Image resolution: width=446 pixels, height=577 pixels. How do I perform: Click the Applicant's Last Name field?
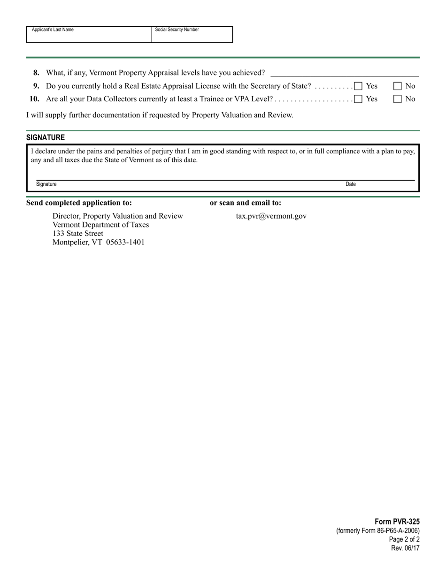89,37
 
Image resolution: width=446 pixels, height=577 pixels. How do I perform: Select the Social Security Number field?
192,37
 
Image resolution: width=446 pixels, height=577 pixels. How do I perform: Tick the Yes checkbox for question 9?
358,86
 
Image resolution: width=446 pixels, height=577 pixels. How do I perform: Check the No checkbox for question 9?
398,86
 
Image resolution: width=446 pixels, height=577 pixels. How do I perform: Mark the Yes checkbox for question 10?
358,99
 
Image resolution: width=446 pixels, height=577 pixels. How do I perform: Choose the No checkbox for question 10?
398,99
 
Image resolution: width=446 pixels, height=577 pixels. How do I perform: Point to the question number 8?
37,73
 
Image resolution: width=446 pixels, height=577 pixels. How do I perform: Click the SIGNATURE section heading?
46,137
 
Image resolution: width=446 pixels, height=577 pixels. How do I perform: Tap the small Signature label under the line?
46,184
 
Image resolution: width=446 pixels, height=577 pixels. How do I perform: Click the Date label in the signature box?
351,184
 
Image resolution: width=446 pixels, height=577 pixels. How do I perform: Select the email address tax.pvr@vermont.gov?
271,216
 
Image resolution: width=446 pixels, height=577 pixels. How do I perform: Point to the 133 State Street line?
78,233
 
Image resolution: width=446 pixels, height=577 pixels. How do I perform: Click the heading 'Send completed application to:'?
79,203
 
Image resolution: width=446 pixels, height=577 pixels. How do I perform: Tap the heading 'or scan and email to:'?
246,203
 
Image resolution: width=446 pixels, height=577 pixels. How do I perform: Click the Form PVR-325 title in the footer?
397,522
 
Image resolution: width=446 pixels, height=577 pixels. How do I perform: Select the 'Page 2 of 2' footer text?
404,539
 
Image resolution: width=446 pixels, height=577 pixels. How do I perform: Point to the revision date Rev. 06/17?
405,548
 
